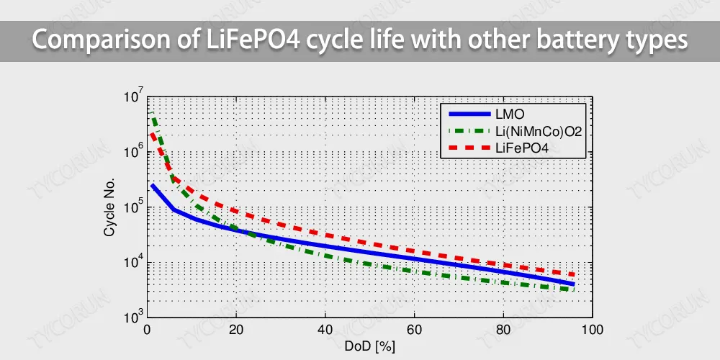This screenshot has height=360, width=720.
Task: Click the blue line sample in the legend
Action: pyautogui.click(x=468, y=114)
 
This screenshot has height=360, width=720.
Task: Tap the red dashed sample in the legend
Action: pyautogui.click(x=468, y=148)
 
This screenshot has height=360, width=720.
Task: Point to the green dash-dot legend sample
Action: pyautogui.click(x=468, y=131)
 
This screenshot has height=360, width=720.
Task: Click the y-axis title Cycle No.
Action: pyautogui.click(x=109, y=208)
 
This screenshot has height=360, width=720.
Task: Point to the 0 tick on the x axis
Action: pyautogui.click(x=147, y=329)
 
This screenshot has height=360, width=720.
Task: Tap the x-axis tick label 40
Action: pyautogui.click(x=325, y=329)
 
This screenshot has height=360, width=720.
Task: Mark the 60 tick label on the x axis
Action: pyautogui.click(x=414, y=329)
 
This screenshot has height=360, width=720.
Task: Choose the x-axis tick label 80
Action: pyautogui.click(x=503, y=329)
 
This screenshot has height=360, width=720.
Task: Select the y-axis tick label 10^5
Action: pyautogui.click(x=133, y=207)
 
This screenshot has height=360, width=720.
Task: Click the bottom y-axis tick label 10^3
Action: pyautogui.click(x=133, y=317)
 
